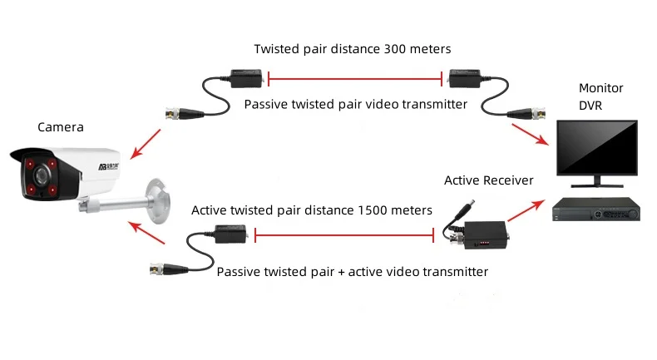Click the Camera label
click(x=61, y=127)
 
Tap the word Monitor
click(x=600, y=88)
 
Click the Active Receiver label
click(x=489, y=180)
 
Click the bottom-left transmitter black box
click(x=230, y=236)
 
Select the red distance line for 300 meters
click(x=353, y=81)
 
